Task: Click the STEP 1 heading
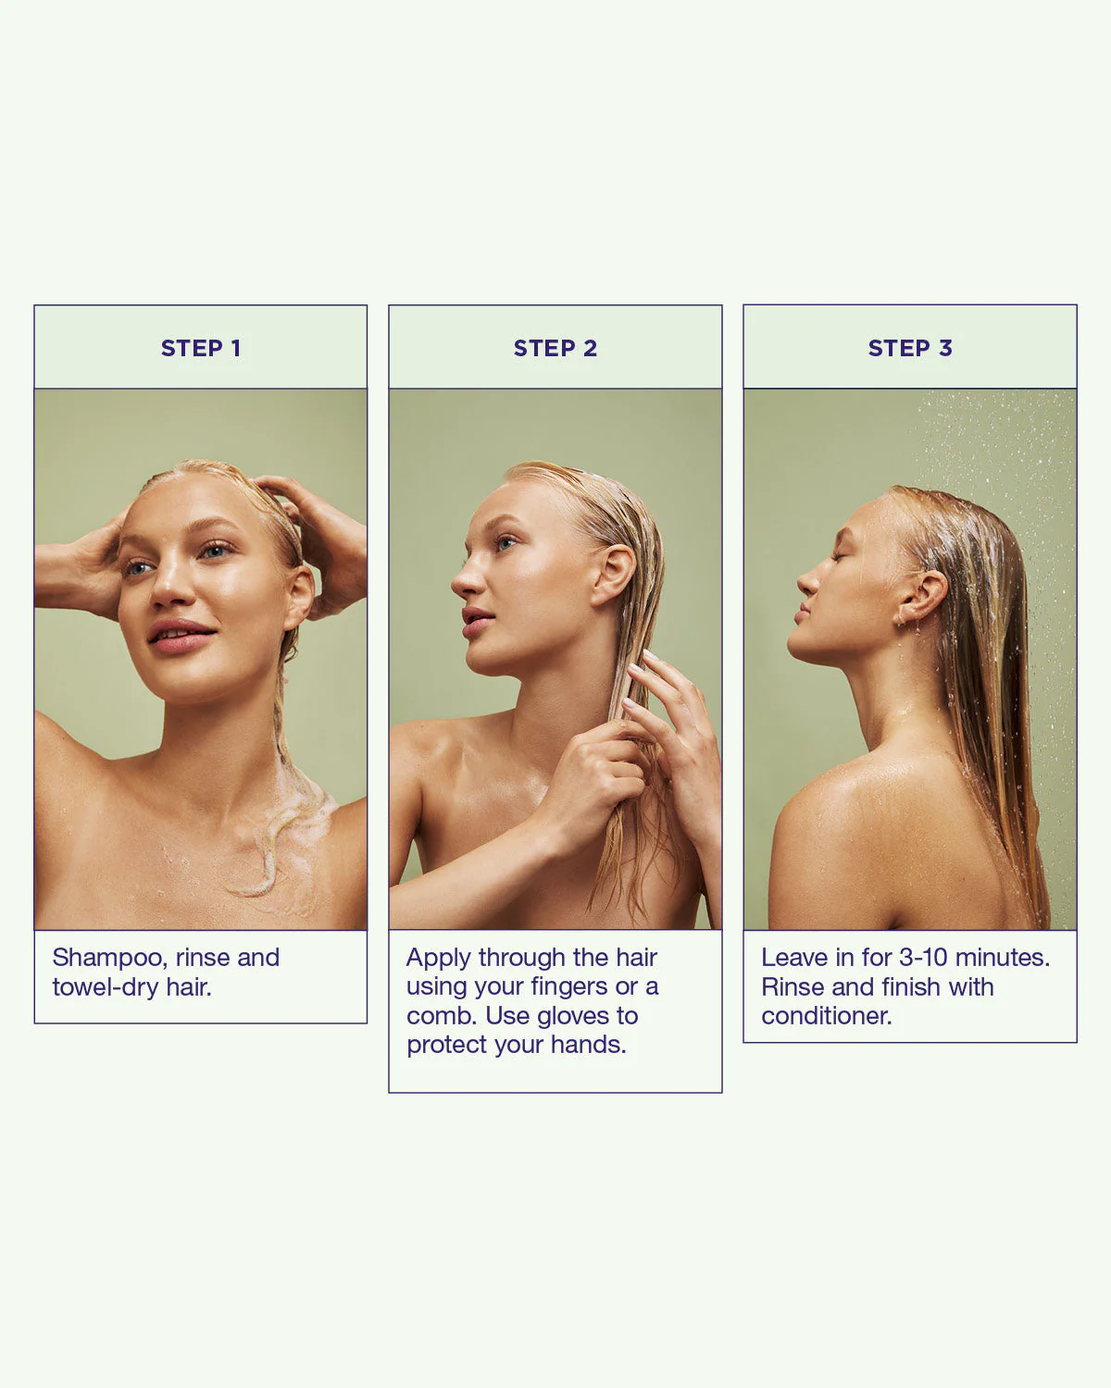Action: (201, 348)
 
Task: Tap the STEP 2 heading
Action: (555, 348)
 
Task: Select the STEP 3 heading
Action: (909, 348)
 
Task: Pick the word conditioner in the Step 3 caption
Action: (827, 1016)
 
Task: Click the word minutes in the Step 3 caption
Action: (1003, 958)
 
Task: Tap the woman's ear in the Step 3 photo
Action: (923, 596)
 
